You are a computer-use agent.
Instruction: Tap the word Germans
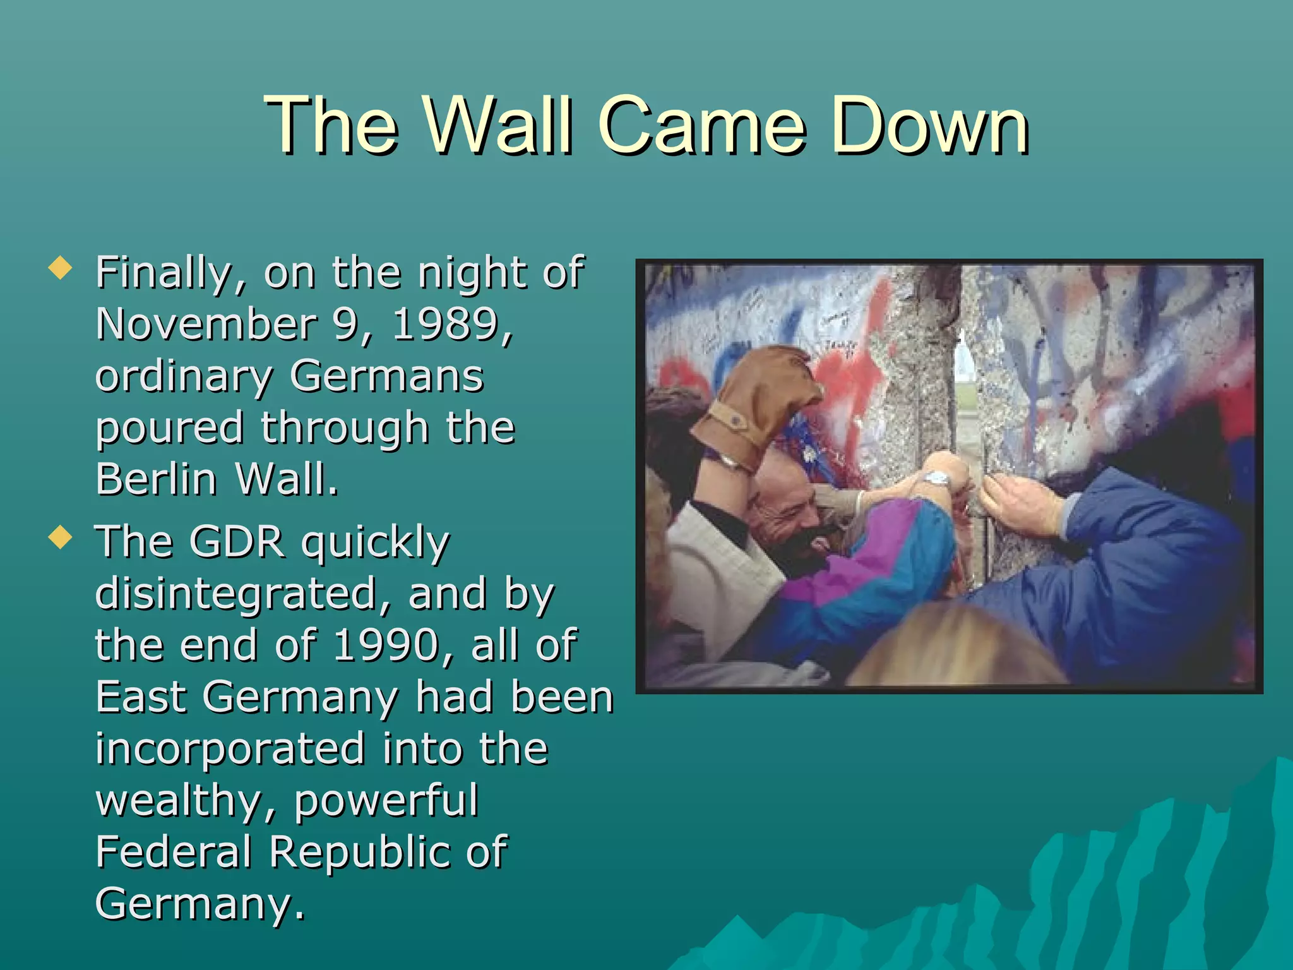[386, 376]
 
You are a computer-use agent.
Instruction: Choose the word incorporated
[230, 748]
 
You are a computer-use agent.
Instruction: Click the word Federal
[174, 851]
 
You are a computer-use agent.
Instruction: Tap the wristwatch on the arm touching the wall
[938, 479]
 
